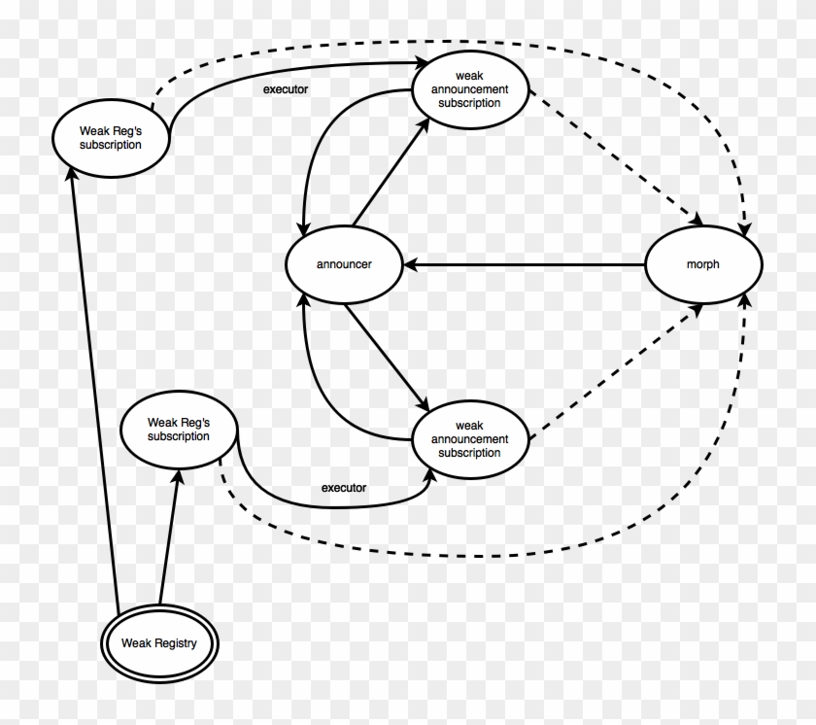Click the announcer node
[x=344, y=264]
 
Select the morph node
[x=703, y=264]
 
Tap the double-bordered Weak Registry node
[x=159, y=643]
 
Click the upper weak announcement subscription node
[x=470, y=89]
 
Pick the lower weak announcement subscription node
[x=470, y=439]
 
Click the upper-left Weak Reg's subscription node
[x=111, y=138]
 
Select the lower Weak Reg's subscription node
[x=179, y=430]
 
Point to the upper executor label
[x=286, y=89]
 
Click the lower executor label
[x=344, y=488]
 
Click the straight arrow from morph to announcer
[x=525, y=265]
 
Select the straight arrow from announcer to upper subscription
[x=391, y=173]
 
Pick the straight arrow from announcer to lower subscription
[x=387, y=357]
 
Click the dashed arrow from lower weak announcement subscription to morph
[x=616, y=371]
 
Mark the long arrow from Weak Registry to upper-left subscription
[x=94, y=391]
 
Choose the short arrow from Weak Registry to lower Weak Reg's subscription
[x=169, y=536]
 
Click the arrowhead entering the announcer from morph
[x=411, y=265]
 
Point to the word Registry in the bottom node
[x=176, y=643]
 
